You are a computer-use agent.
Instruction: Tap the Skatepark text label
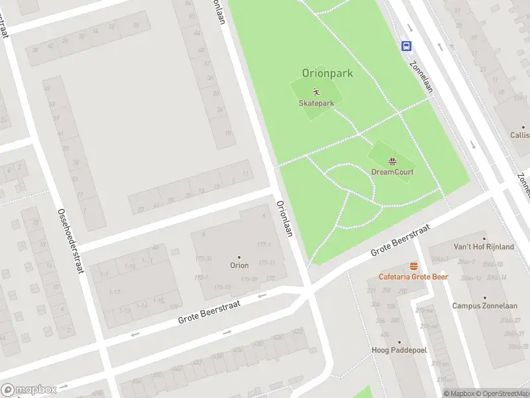(316, 103)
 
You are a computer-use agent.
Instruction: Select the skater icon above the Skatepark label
(316, 92)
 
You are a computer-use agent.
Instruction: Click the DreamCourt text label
(392, 172)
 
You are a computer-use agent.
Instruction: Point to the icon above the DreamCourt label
(392, 161)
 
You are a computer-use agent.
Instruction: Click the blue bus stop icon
(406, 46)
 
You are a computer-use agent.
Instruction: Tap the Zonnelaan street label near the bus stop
(421, 77)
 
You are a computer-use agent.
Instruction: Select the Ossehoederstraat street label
(70, 239)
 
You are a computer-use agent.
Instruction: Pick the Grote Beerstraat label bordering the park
(399, 240)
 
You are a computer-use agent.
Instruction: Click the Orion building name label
(239, 265)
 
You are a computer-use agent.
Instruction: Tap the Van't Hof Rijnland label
(483, 247)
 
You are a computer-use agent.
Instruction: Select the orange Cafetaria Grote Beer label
(413, 277)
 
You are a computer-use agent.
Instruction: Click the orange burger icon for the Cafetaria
(413, 266)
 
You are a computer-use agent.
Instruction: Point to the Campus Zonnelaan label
(484, 306)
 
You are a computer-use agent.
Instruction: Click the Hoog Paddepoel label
(399, 350)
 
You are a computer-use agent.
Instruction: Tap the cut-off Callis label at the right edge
(519, 135)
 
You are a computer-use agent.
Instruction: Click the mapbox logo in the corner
(29, 389)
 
